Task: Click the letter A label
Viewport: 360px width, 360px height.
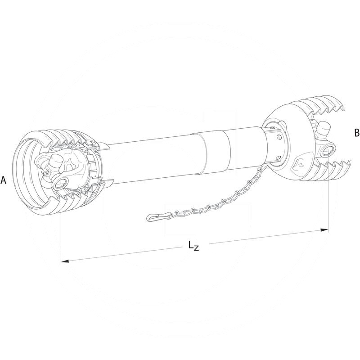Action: [4, 180]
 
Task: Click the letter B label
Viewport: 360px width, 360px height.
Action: [357, 133]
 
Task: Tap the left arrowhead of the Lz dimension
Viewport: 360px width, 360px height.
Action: [64, 261]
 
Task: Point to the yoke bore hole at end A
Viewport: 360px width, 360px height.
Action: [59, 182]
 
